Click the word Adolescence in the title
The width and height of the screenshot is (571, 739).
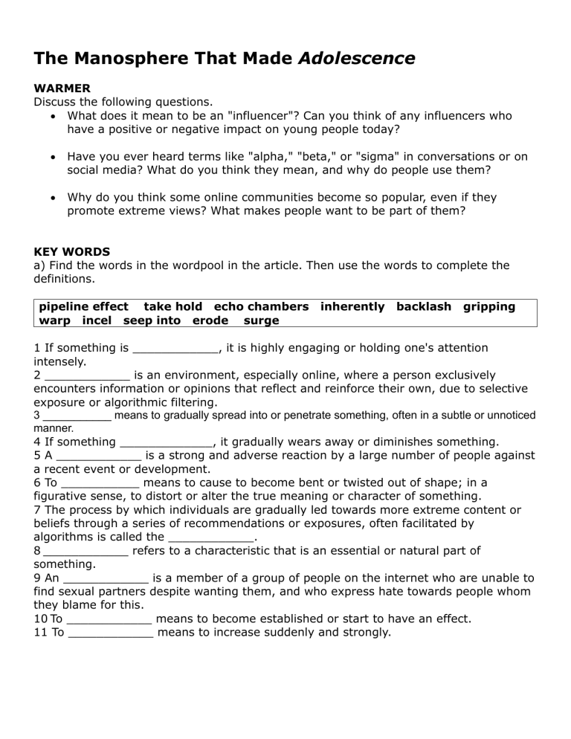[x=356, y=58]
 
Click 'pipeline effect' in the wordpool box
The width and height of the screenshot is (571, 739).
[x=83, y=306]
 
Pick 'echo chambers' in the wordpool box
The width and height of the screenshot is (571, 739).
[x=261, y=306]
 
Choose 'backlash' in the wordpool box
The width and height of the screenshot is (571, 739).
[x=423, y=306]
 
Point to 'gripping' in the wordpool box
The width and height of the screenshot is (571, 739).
[x=488, y=306]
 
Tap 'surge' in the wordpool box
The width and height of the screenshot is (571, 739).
[x=261, y=320]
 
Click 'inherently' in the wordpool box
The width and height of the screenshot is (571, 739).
[x=352, y=306]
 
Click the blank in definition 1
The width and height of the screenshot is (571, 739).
[x=175, y=348]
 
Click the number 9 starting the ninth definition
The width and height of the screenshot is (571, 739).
[x=38, y=578]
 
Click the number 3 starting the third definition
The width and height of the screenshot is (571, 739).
[x=37, y=415]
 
